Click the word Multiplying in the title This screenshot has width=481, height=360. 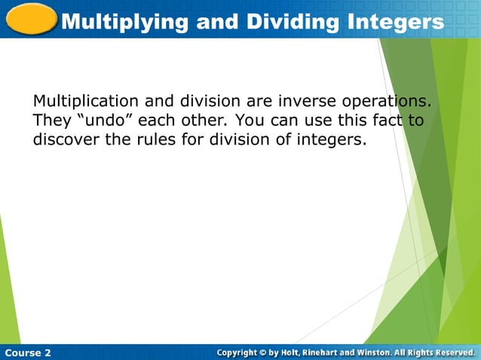pyautogui.click(x=124, y=22)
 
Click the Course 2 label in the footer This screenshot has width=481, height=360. pyautogui.click(x=28, y=352)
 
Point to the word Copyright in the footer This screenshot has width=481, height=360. pyautogui.click(x=241, y=352)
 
